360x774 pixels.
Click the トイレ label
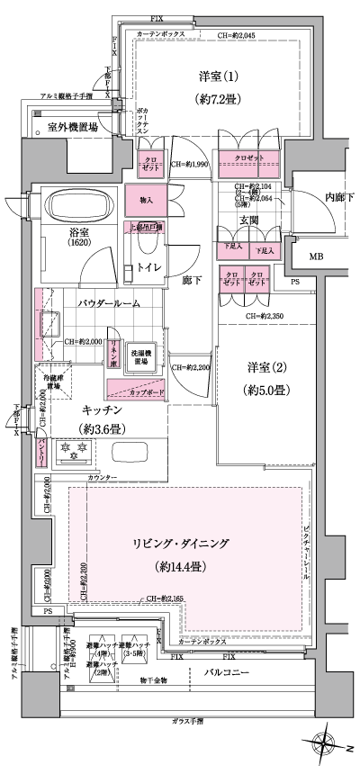150,266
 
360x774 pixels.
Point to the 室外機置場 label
73,128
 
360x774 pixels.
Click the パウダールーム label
108,303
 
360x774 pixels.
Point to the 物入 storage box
147,200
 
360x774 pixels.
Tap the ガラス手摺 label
186,722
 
